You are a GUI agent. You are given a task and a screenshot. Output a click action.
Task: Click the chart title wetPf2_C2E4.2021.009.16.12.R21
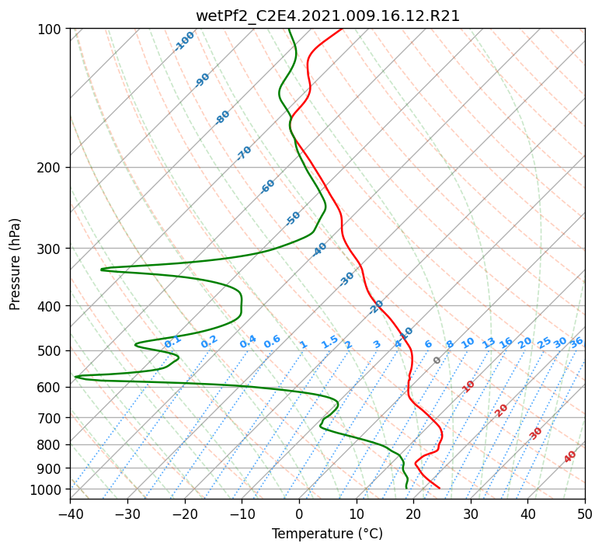point(328,16)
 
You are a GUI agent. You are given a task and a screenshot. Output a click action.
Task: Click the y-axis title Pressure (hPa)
point(15,264)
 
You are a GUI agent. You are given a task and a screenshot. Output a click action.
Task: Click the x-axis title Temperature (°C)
point(328,534)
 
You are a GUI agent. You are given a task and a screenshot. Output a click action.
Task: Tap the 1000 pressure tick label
point(51,489)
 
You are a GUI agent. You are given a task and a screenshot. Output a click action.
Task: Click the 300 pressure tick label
point(51,249)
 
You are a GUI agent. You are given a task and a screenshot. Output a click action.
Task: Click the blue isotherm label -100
point(184,41)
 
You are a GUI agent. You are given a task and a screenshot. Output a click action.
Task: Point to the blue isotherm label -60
point(267,186)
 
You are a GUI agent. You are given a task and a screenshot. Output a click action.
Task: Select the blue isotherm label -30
point(346,279)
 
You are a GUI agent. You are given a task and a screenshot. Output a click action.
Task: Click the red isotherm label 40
point(569,457)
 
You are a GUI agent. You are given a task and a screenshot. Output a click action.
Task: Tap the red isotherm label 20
point(501,411)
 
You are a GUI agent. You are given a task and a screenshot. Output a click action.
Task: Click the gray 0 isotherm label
point(437,360)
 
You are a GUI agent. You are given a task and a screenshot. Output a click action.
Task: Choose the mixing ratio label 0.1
point(172,341)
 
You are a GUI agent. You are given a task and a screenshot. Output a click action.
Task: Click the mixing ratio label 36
point(576,343)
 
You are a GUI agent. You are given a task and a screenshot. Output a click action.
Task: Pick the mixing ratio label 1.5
point(330,342)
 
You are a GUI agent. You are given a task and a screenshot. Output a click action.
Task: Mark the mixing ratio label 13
point(489,343)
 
